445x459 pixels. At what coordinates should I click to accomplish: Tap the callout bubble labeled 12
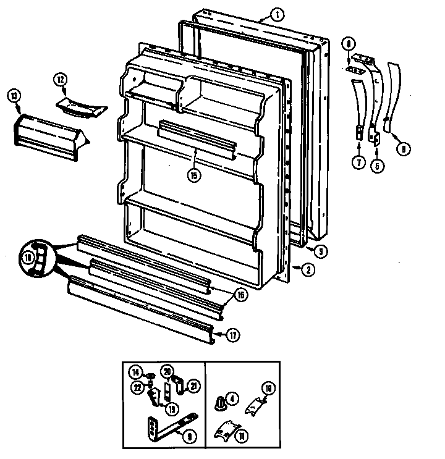coord(60,80)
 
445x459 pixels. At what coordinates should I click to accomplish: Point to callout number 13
coord(14,95)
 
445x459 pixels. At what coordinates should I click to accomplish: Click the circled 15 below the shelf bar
coord(195,174)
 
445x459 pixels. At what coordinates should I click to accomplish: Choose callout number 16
coord(241,295)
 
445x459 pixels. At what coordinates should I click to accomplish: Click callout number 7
coord(358,163)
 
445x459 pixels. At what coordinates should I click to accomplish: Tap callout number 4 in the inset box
coord(232,399)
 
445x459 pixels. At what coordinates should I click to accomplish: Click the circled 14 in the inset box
coord(135,372)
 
